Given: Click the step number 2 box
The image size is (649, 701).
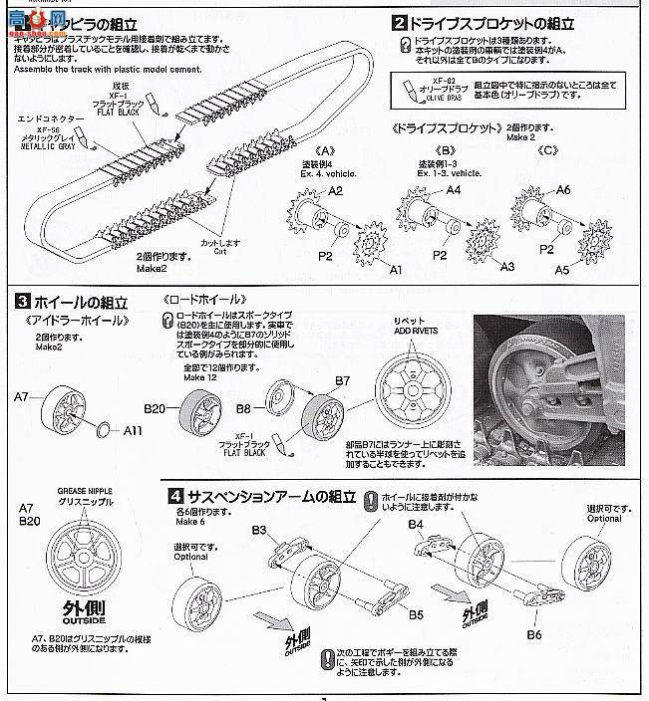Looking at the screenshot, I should point(399,22).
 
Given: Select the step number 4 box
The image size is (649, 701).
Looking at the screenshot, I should point(174,496).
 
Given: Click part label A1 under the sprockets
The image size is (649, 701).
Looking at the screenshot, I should point(394,270).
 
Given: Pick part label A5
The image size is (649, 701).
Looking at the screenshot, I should point(590,269).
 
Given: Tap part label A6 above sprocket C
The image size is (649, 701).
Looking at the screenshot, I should point(564,190).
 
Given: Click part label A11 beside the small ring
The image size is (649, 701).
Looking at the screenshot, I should point(134,433).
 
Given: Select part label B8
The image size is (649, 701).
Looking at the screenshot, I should point(243,408).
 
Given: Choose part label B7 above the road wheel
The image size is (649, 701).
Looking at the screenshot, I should point(342,381).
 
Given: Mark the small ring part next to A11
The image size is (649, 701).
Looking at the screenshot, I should point(103,429).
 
